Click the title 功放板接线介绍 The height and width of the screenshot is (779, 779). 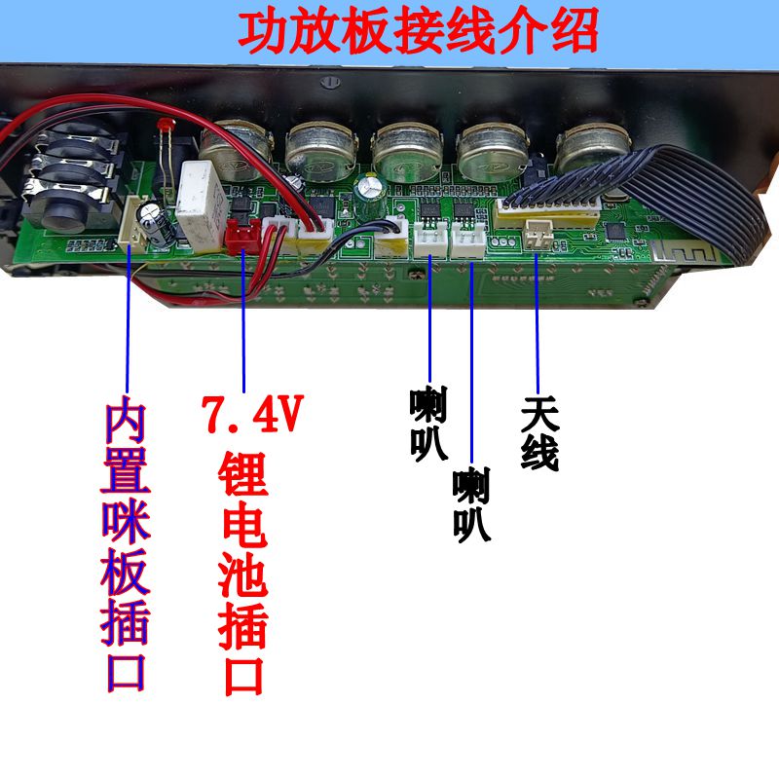coord(419,31)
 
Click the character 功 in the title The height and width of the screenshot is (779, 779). coord(267,31)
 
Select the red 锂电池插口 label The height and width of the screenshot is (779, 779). coord(243,574)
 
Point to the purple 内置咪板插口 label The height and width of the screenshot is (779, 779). coord(127,545)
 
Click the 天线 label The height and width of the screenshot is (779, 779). coord(539,433)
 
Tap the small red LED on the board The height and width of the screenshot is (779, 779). coord(165,126)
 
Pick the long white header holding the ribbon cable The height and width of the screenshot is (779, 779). coord(545,209)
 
